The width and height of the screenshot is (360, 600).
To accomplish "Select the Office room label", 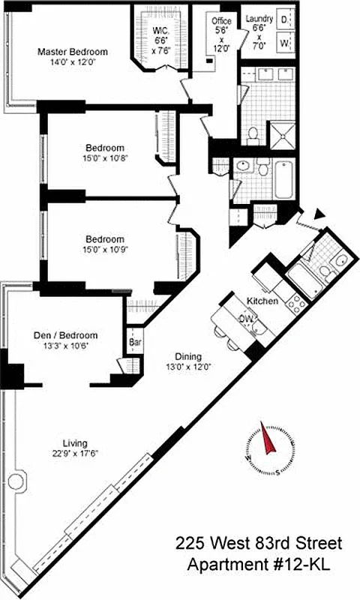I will [x=220, y=21].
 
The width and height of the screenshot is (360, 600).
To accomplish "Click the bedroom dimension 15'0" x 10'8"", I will [x=104, y=159].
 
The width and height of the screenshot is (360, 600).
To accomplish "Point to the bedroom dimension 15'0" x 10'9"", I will [x=104, y=244].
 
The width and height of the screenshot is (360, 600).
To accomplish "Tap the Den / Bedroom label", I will [x=66, y=335].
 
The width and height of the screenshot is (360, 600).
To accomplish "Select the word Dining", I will [x=187, y=357].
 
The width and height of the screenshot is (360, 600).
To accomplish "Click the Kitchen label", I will [x=262, y=301].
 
